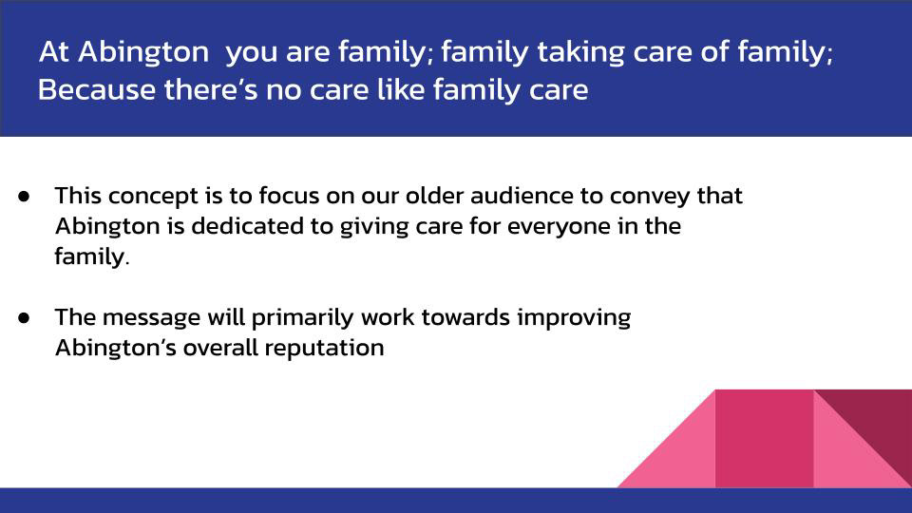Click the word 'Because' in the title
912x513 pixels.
97,90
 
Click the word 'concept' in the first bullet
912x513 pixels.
154,197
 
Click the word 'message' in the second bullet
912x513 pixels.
151,318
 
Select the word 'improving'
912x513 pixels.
574,318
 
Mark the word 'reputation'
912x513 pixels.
325,349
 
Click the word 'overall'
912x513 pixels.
220,348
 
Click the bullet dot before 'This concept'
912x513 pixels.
24,196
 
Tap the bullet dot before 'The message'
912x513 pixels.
24,317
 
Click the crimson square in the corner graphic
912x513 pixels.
764,439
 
